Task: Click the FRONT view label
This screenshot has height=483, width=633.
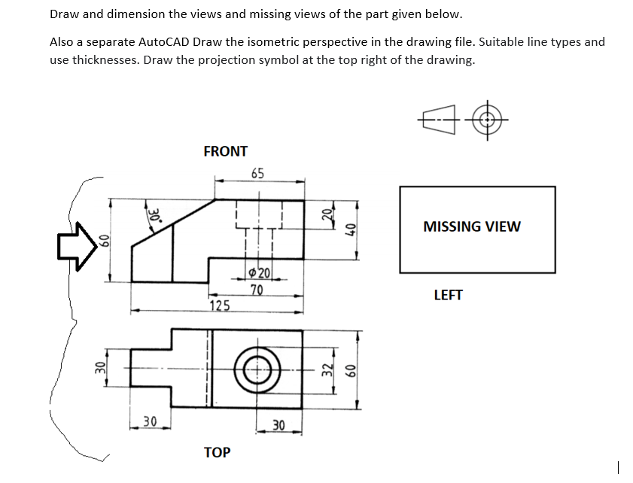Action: coord(225,151)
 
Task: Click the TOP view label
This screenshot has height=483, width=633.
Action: coord(217,452)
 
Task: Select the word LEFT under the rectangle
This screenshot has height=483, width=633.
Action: coord(448,295)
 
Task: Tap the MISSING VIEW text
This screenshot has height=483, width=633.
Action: coord(471,226)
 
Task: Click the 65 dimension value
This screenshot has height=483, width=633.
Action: coord(257,173)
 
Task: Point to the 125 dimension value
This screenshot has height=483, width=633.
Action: coord(220,305)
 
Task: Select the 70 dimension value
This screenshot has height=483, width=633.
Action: coord(257,289)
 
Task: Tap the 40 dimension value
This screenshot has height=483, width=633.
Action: coord(348,230)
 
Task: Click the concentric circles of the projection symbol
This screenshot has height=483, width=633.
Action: coord(488,120)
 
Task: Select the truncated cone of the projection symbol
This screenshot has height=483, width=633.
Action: coord(440,120)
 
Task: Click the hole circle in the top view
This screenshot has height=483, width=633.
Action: coord(257,370)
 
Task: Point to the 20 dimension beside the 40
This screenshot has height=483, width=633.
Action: coord(326,213)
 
